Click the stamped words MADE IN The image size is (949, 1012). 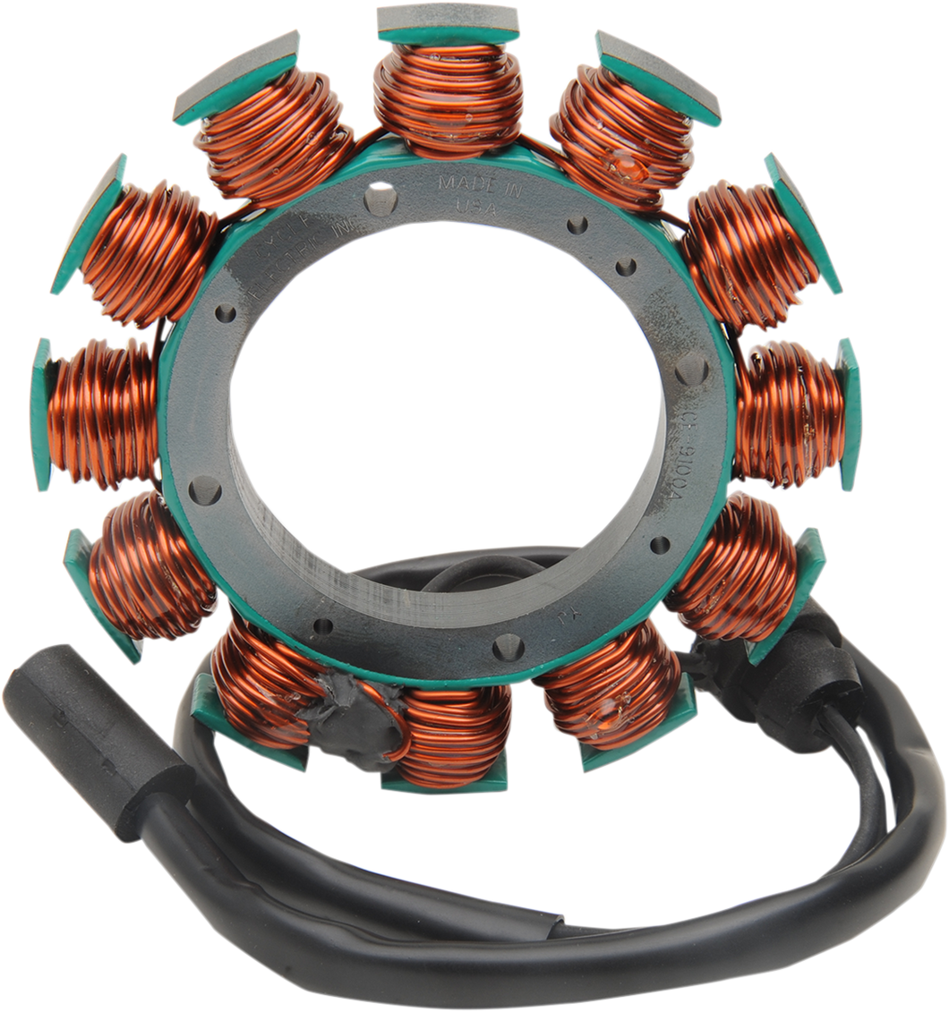(466, 185)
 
